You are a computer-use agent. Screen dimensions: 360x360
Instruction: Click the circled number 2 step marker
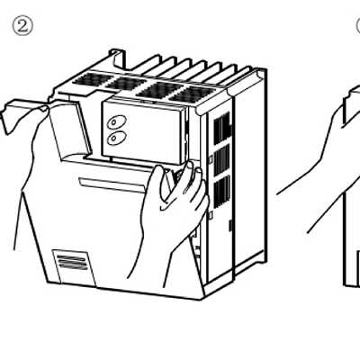(22, 26)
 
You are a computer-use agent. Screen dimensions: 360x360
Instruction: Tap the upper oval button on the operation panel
(117, 122)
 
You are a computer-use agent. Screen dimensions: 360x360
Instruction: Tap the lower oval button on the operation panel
(116, 138)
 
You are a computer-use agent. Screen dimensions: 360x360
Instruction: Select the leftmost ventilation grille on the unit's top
(89, 79)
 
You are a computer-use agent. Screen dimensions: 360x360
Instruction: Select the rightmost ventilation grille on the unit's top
(192, 94)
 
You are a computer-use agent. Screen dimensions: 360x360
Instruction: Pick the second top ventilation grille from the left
(124, 84)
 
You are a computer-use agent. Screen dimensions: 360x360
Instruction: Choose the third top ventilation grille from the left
(159, 89)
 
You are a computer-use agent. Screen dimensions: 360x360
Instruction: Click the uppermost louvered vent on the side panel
(222, 127)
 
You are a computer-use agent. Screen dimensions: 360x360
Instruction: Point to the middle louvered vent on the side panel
(221, 160)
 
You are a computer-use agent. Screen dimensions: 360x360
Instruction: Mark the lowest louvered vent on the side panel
(222, 192)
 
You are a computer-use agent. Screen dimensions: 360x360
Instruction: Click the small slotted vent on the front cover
(71, 262)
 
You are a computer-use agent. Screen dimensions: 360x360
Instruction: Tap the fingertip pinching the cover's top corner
(43, 109)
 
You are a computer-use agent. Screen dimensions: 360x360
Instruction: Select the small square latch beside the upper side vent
(211, 159)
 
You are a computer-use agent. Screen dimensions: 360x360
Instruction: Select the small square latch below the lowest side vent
(211, 215)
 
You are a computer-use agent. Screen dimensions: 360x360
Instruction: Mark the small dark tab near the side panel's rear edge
(230, 225)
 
